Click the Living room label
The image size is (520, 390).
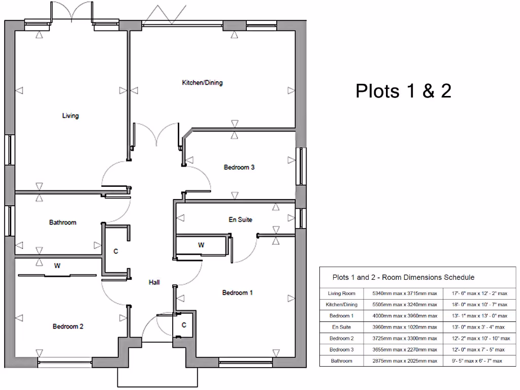(71, 116)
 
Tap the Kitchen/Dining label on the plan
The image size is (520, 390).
(202, 83)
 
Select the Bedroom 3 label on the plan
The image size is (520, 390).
(239, 167)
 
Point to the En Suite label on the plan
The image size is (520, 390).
(240, 220)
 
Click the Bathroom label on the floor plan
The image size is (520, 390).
(62, 222)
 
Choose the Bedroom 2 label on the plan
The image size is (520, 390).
(68, 327)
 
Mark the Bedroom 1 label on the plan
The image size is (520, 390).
(238, 292)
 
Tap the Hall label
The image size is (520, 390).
(154, 282)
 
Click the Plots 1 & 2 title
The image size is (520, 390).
(403, 91)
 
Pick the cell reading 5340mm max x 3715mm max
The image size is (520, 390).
(405, 294)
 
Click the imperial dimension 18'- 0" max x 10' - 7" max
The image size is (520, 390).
(479, 305)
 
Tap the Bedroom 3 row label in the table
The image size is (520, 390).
(341, 349)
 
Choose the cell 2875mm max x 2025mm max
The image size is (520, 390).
(405, 361)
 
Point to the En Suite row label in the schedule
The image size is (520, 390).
(341, 327)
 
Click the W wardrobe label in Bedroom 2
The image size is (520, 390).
(57, 266)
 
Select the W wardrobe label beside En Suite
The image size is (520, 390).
(201, 245)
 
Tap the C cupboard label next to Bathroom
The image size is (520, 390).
(116, 251)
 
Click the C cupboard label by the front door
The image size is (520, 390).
(184, 325)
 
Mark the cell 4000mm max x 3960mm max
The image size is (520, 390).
(405, 316)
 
